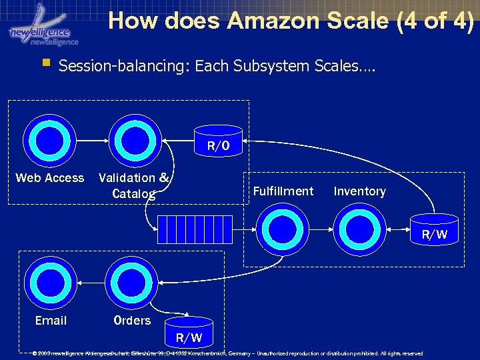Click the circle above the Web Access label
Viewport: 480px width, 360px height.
[x=50, y=140]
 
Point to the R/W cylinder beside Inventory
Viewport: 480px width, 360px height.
[x=434, y=229]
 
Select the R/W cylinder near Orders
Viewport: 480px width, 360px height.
[x=189, y=332]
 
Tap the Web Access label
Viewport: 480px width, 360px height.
[x=50, y=178]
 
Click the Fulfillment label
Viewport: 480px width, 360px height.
[x=283, y=191]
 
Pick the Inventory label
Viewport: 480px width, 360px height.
[x=360, y=191]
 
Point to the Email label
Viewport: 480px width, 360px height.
[x=51, y=321]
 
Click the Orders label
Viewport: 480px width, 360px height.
[x=132, y=321]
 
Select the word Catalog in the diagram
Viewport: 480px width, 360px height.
[x=134, y=194]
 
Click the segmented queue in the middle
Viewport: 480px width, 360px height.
[x=195, y=229]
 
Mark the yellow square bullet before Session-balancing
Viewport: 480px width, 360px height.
[x=45, y=65]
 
